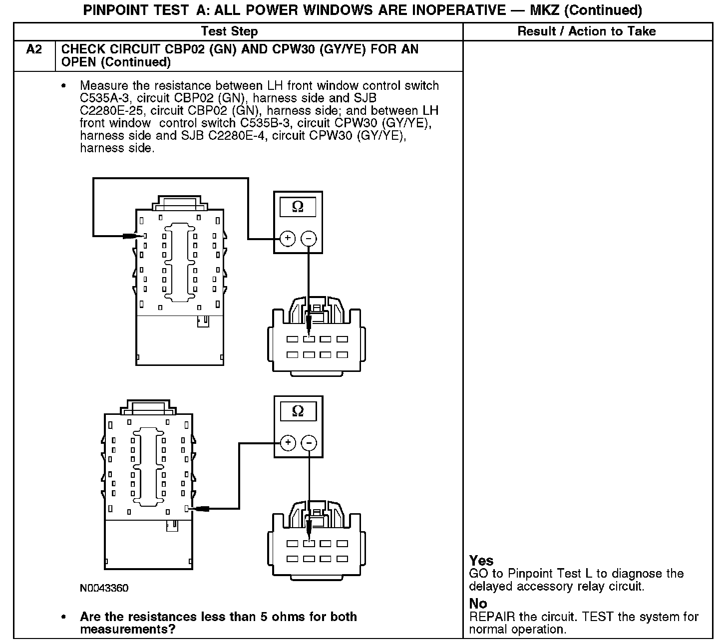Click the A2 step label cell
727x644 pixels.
click(x=34, y=50)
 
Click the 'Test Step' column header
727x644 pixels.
click(x=229, y=31)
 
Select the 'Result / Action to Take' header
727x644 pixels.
click(x=586, y=31)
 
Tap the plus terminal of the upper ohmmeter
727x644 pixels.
click(x=288, y=239)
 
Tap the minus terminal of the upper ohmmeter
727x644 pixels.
click(x=309, y=239)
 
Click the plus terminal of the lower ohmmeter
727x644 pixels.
click(x=288, y=443)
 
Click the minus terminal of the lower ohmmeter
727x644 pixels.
click(x=310, y=443)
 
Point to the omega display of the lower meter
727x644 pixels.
click(x=298, y=411)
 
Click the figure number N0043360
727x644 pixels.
click(x=104, y=588)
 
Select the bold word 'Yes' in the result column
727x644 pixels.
click(x=481, y=561)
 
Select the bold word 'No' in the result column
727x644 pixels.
click(x=478, y=604)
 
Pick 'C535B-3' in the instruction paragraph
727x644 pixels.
click(x=264, y=123)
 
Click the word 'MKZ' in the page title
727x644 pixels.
click(x=544, y=10)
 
